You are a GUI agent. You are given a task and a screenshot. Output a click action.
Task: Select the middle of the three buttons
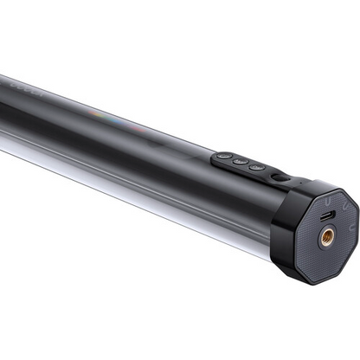pyautogui.click(x=241, y=161)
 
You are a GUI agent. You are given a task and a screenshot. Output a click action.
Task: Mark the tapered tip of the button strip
pyautogui.click(x=214, y=155)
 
